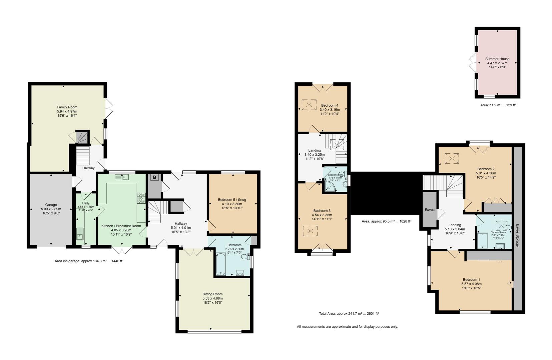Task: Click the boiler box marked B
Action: click(154, 178)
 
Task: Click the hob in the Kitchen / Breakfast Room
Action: click(141, 198)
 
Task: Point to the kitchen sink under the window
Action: click(122, 177)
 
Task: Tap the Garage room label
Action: click(51, 205)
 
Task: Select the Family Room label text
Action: click(67, 107)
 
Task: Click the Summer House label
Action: click(497, 59)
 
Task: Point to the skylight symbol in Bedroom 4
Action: click(309, 105)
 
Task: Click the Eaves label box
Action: click(430, 210)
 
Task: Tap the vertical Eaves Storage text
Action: click(517, 235)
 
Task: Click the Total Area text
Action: click(349, 314)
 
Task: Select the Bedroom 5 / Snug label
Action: click(232, 200)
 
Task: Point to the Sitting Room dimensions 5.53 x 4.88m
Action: click(212, 298)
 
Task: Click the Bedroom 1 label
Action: click(471, 280)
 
